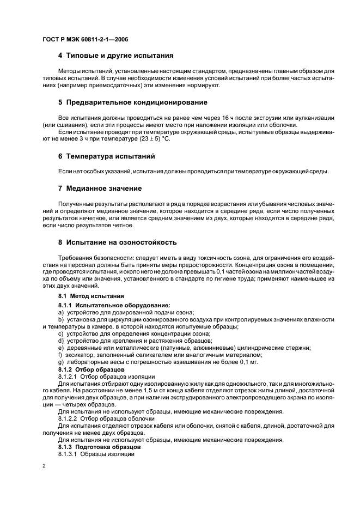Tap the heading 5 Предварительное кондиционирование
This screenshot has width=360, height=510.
click(132, 102)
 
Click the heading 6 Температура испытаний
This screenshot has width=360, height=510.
click(107, 156)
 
